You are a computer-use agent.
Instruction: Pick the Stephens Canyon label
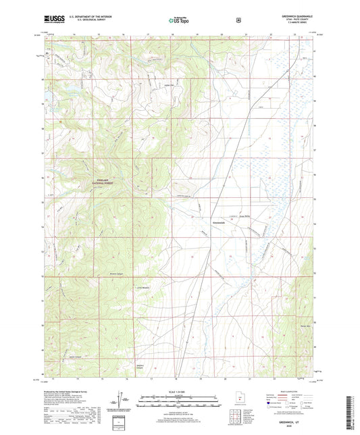(x=142, y=367)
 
